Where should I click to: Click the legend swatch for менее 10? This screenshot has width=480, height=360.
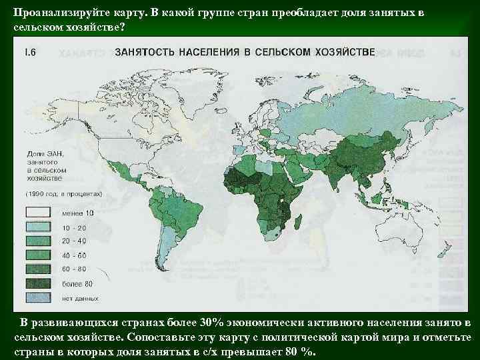[x=39, y=213]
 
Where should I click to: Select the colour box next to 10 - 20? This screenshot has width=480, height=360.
[x=39, y=227]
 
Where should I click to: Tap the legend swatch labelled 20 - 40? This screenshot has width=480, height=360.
[x=39, y=240]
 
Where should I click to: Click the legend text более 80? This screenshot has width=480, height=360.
[x=77, y=282]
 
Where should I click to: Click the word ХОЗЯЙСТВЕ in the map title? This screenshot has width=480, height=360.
[x=338, y=51]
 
